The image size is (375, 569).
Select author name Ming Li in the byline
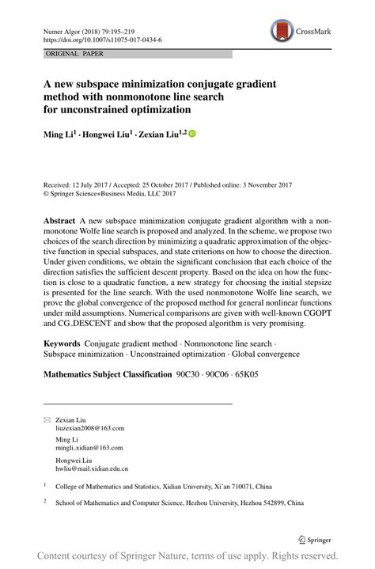click(x=60, y=135)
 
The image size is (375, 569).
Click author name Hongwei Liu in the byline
click(x=109, y=135)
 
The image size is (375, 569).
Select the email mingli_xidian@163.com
click(x=89, y=447)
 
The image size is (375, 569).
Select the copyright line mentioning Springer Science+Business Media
click(x=109, y=192)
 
